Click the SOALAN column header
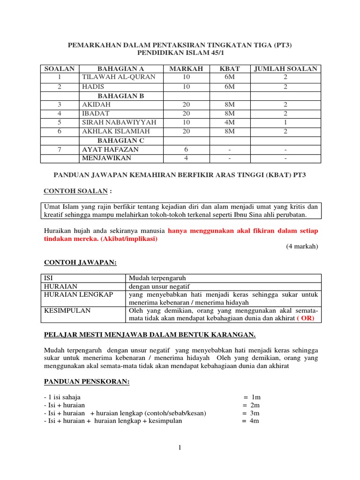coord(60,69)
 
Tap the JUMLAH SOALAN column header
coord(285,69)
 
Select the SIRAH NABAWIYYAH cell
coord(119,122)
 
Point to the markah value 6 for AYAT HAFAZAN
coord(187,150)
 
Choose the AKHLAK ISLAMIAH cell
coord(116,131)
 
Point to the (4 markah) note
coord(302,247)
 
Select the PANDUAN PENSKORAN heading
coord(86,382)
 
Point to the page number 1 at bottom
coord(180,448)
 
